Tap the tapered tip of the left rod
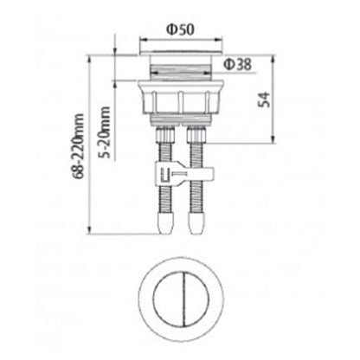(166, 227)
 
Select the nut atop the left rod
(166, 137)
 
